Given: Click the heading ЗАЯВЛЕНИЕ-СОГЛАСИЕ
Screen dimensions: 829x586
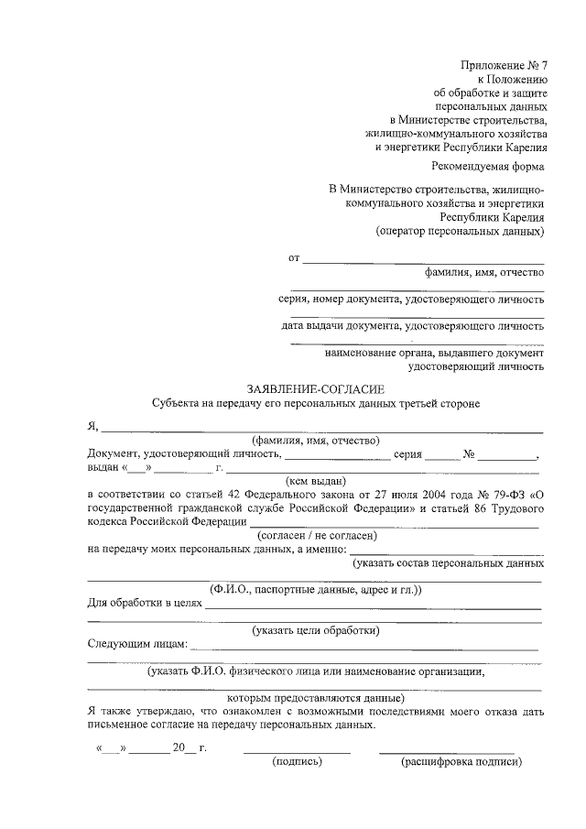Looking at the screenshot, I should coord(314,387).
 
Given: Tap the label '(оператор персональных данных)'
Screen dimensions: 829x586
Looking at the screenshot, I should coord(460,232).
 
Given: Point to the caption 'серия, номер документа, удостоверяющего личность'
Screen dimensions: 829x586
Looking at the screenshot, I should coord(411,299).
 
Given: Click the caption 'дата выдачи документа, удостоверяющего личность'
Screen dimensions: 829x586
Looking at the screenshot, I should coord(412,325).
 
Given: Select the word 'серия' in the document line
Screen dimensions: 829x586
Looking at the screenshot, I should coord(407,453).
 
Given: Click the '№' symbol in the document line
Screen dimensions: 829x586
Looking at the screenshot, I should coord(468,453).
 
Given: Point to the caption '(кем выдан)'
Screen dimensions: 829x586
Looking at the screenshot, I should coord(315,480).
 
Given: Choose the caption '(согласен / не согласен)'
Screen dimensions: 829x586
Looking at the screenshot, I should coord(315,535).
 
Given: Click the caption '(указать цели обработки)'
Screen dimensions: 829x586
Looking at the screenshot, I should coord(315,630).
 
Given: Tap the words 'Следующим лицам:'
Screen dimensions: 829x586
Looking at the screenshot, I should coord(136,644).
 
